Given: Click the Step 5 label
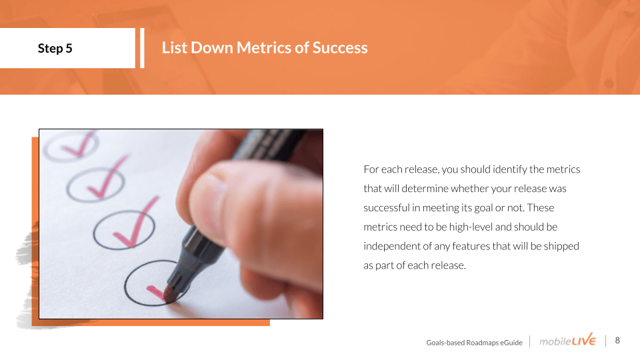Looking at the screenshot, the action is pos(55,48).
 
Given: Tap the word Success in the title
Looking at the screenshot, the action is pos(340,48).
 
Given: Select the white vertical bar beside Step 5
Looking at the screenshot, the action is pos(142,48).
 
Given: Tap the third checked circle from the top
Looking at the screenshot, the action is pos(95,229).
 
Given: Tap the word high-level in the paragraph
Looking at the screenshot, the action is pos(471,227).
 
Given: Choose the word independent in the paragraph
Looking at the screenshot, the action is pos(392,246).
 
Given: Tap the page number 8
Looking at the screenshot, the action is pos(617,341).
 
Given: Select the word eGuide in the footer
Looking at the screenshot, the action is pos(511,343).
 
